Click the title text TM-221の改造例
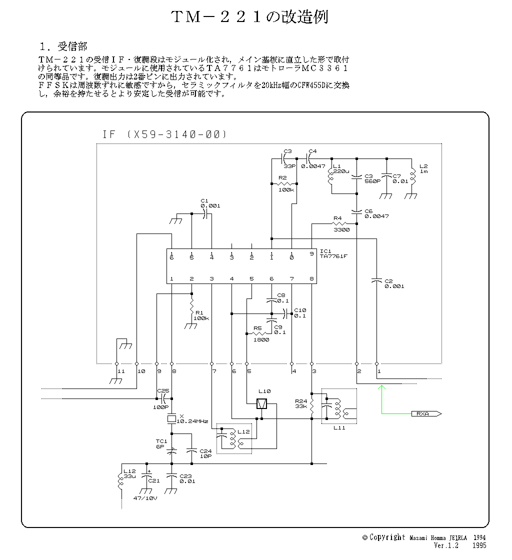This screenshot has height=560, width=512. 249,17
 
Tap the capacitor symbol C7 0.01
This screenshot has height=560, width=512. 386,176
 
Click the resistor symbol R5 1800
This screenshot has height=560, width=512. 258,333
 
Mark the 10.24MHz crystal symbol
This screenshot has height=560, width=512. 171,418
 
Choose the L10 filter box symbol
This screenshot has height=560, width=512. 261,403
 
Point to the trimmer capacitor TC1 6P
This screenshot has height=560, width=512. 171,451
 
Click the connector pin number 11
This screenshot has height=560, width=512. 120,371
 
